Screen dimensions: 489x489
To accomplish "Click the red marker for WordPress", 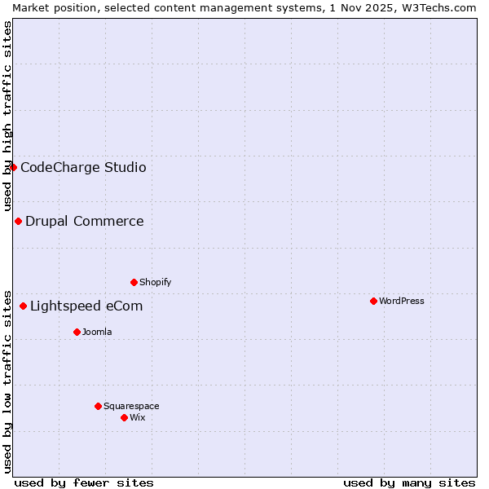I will pos(373,301).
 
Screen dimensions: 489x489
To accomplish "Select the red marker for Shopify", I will pos(134,282).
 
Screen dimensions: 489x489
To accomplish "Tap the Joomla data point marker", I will pos(77,332).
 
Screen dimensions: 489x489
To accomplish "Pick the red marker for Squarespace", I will pos(98,406).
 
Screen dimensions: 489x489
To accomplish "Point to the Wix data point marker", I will pos(124,417).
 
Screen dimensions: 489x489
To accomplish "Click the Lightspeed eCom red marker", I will pos(23,306).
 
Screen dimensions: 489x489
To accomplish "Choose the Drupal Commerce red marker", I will pos(18,221).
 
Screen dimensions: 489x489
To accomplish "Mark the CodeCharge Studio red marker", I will pos(13,167).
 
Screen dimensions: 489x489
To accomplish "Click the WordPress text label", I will pos(402,301).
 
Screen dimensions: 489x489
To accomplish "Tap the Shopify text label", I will pos(156,282).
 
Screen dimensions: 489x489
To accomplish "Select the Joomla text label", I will pos(97,332).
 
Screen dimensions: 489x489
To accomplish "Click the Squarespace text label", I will pos(131,406).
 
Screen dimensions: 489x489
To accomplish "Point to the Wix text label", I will pos(138,417).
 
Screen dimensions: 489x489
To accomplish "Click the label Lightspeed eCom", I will pos(86,306).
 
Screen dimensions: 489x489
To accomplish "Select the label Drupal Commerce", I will pos(85,221).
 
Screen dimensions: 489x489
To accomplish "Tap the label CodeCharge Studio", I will pos(83,167).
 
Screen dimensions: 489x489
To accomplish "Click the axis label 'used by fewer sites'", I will pos(84,482).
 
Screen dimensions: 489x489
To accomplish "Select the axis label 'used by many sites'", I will pos(409,482).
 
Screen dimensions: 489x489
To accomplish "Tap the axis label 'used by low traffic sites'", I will pos(7,381).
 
